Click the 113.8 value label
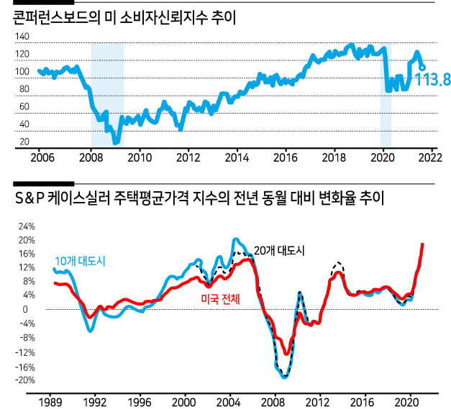[432, 79]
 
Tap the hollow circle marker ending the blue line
[422, 68]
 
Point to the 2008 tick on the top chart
[91, 157]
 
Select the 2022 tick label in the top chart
[430, 157]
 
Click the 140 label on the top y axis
[22, 37]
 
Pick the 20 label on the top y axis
[24, 142]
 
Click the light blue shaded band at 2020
[386, 95]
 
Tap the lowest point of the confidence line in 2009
[117, 142]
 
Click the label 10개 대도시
[80, 261]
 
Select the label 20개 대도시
[279, 251]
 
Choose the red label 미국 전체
[220, 299]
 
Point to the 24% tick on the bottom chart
[27, 226]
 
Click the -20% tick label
[25, 380]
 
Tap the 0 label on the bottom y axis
[25, 310]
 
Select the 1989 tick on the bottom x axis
[50, 403]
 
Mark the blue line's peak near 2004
[236, 239]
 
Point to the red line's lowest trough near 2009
[286, 353]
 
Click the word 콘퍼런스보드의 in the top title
[57, 18]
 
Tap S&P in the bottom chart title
[29, 198]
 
